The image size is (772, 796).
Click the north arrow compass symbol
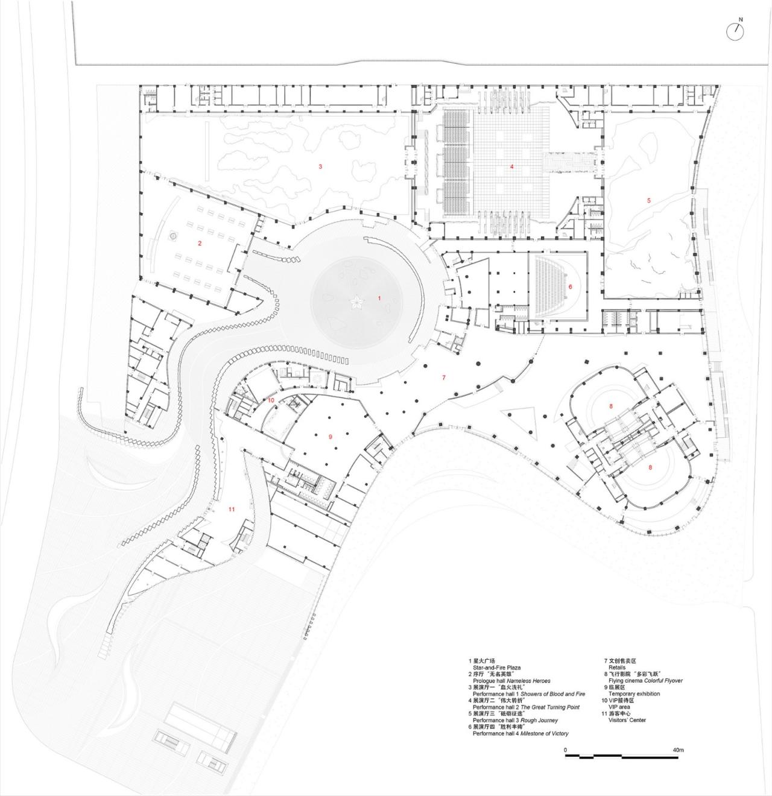pos(735,31)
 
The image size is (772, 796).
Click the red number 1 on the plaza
pos(379,298)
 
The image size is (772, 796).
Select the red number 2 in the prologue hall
pos(199,243)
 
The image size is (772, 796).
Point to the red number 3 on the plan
pos(320,166)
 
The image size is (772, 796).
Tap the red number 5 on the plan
pos(649,200)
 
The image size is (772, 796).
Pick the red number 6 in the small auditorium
pos(570,286)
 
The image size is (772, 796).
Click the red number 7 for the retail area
pos(444,377)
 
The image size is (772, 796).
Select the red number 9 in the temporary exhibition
pos(331,436)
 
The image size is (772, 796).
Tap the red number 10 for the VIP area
pos(271,400)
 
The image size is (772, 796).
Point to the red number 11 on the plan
pos(232,510)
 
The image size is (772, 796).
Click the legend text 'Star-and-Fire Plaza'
pos(496,668)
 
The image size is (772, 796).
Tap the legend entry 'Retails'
pos(617,668)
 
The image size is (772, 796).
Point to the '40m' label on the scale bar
pos(679,750)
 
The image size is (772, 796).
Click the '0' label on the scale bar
pos(566,750)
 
